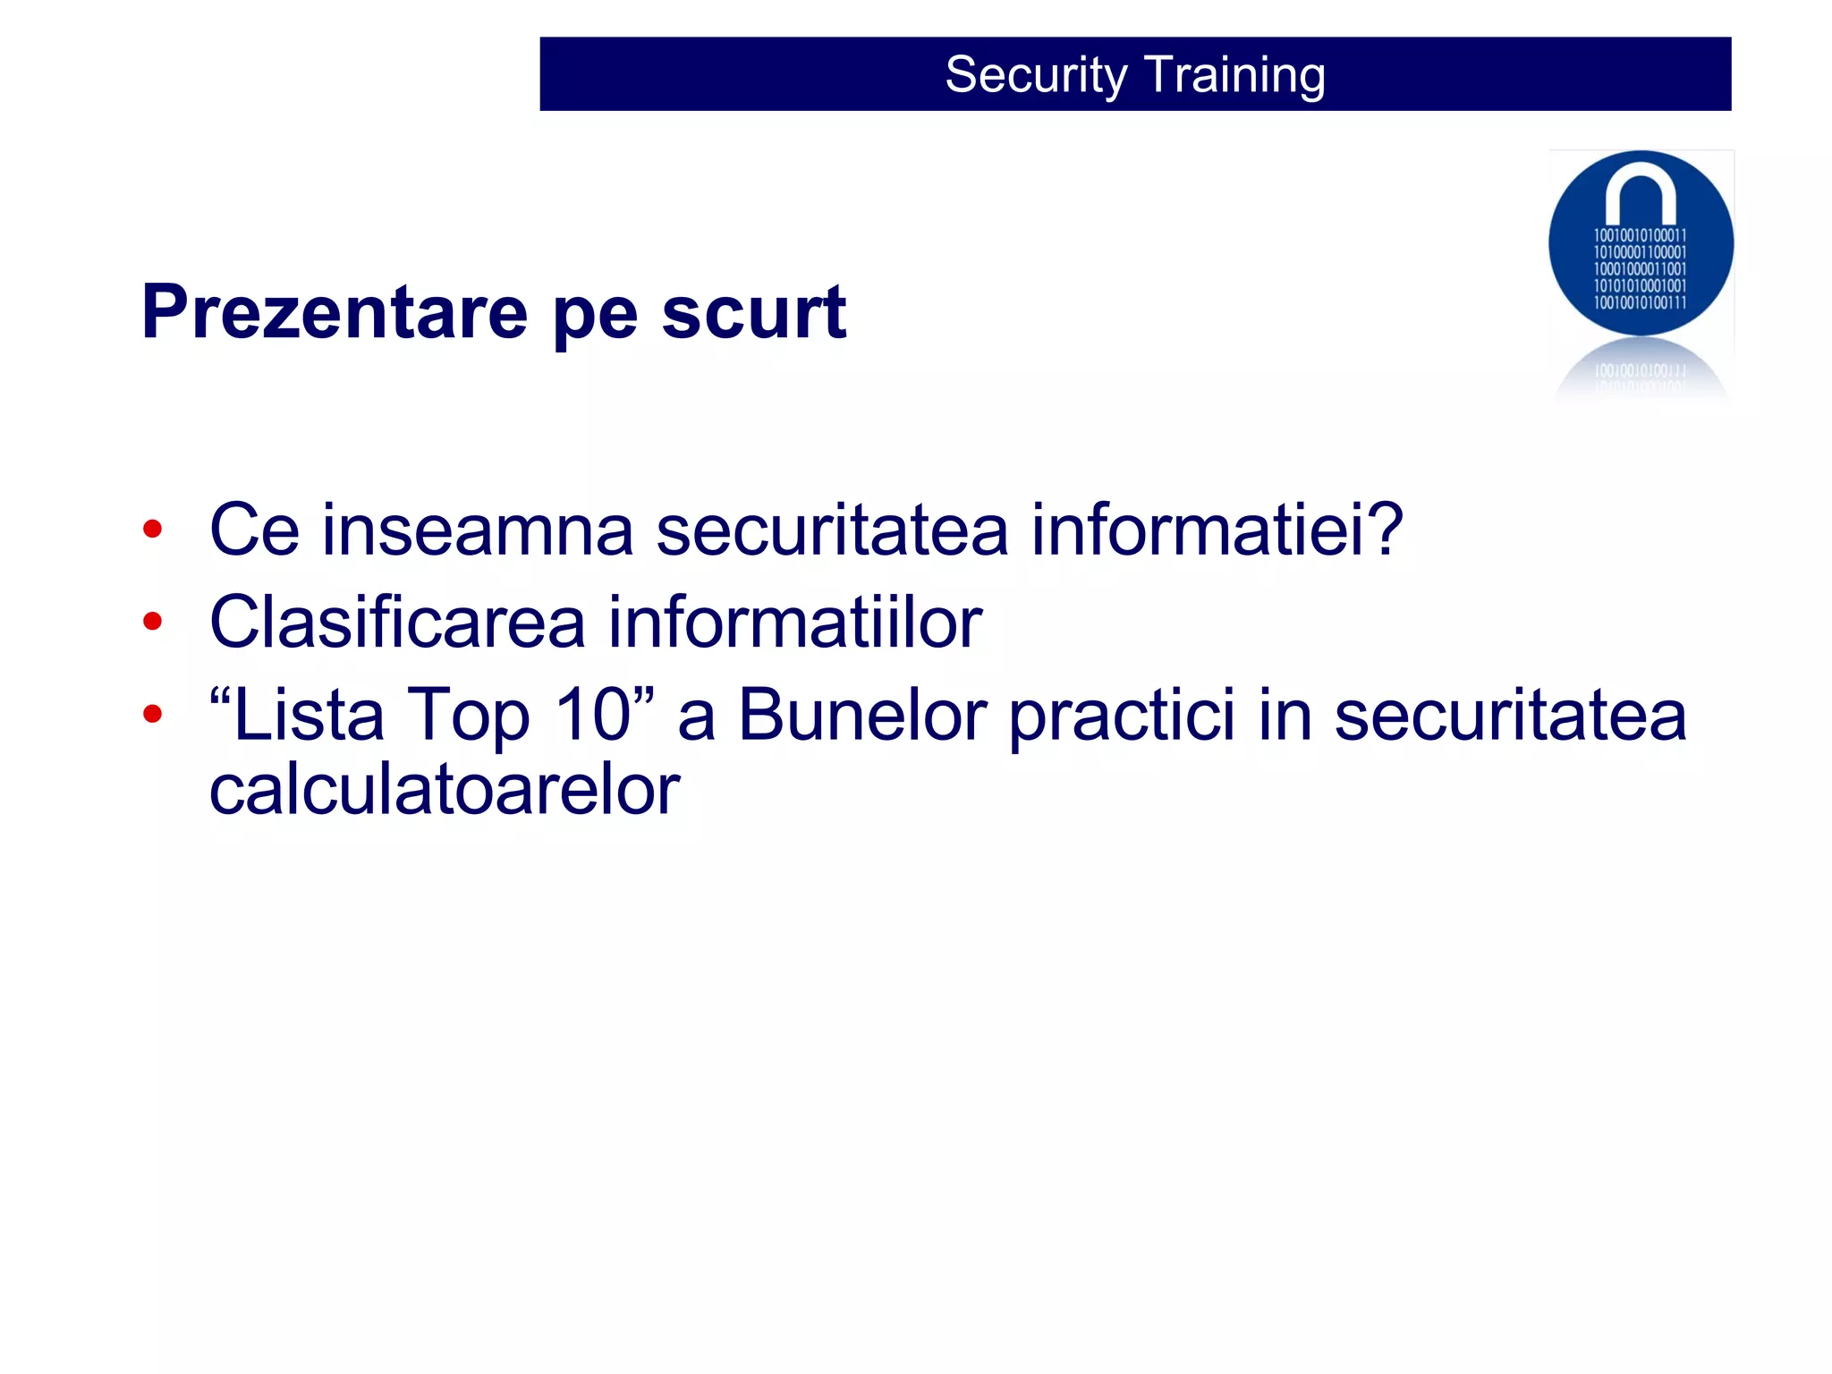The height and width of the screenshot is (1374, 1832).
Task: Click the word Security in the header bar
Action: click(1036, 75)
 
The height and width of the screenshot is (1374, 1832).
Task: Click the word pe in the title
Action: click(595, 318)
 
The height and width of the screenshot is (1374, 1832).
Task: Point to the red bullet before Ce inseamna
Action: click(152, 530)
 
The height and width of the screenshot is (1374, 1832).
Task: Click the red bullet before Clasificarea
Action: click(152, 621)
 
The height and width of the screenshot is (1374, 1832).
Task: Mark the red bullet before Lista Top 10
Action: click(152, 714)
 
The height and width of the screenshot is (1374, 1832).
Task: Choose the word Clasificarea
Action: click(397, 622)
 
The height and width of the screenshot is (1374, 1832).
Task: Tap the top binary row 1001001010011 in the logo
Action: click(1640, 235)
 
